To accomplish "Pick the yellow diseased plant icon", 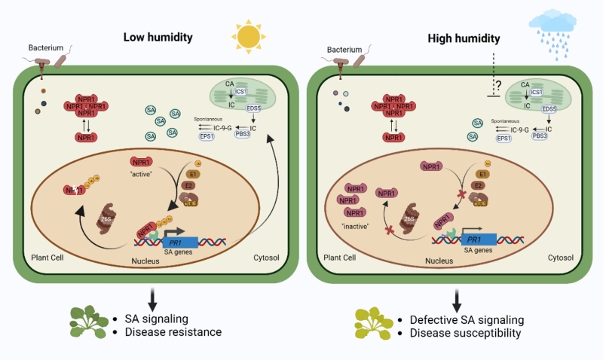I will (x=376, y=322).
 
